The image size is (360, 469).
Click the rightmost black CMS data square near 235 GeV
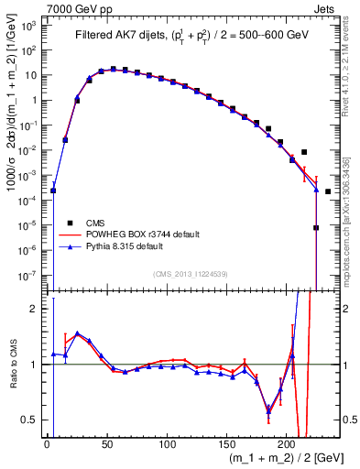coord(328,191)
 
